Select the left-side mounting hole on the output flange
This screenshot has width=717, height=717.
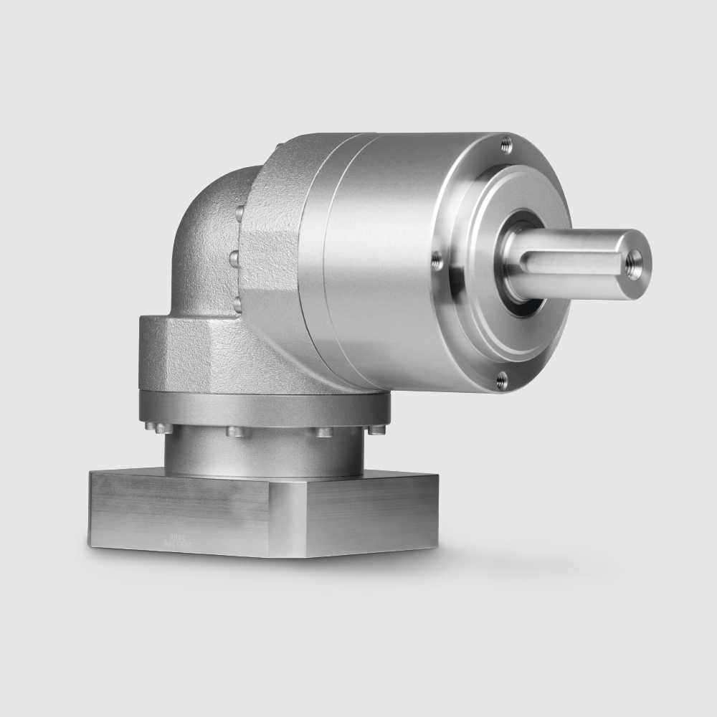coord(437,262)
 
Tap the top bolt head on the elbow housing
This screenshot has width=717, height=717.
coord(239,212)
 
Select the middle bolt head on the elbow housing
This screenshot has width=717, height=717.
coord(235,258)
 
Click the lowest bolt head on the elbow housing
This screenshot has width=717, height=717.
coord(237,304)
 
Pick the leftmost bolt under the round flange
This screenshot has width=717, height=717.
coord(158,428)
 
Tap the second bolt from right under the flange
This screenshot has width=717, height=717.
coord(323,432)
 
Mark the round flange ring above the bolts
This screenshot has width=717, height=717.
coord(265,409)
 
